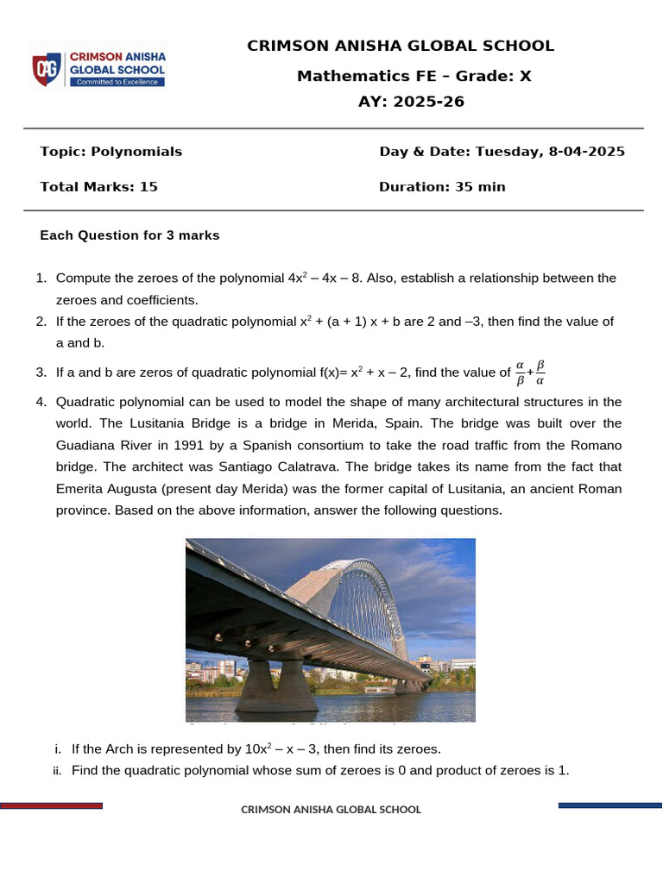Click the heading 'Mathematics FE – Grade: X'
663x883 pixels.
414,76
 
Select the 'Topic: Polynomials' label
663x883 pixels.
110,152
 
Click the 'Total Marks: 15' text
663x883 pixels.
98,186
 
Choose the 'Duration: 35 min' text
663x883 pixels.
442,186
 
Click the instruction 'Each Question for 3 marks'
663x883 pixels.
129,235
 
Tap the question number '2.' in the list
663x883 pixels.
41,322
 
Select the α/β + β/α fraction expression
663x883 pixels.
530,373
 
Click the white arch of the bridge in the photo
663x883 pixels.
363,595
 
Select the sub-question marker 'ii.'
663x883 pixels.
58,770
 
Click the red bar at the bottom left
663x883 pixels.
52,805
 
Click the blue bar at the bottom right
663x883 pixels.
609,805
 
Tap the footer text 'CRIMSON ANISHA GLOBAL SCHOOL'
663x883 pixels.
331,810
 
